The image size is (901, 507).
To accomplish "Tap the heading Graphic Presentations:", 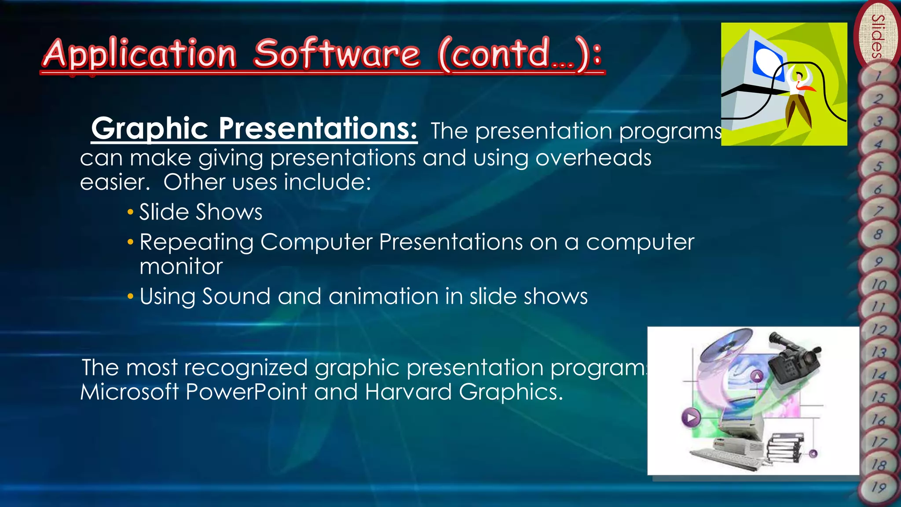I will [x=254, y=129].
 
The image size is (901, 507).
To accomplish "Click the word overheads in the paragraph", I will [x=593, y=158].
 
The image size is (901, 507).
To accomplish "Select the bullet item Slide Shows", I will [x=201, y=212].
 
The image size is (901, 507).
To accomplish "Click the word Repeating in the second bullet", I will [x=197, y=242].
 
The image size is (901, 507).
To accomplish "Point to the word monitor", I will [x=181, y=267].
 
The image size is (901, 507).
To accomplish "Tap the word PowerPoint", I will [x=246, y=392].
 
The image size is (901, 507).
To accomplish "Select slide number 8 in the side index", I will [x=878, y=234].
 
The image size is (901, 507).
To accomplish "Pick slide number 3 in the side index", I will [x=878, y=121].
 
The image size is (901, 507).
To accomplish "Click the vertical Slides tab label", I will [x=878, y=36].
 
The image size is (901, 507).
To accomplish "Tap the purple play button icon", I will [x=691, y=417].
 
